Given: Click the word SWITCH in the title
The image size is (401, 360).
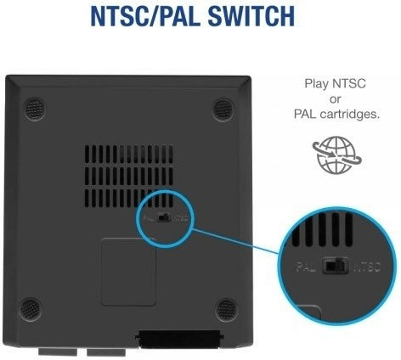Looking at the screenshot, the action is tap(251, 16).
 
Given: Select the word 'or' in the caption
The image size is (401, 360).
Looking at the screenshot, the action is tap(335, 99).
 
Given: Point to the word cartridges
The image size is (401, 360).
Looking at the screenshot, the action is tap(350, 114).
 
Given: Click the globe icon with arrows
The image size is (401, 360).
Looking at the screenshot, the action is tap(336, 155).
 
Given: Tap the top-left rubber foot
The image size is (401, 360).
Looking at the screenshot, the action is tap(35, 110).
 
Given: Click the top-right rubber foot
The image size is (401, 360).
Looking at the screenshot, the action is tap(223, 110).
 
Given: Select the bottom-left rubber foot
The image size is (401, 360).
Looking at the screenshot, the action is tap(31, 309).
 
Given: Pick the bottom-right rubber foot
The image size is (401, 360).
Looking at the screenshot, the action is tap(226, 310).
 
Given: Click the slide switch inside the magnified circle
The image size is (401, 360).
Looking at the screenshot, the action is tap(336, 266).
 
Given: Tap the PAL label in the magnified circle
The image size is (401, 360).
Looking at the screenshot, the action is tap(306, 267).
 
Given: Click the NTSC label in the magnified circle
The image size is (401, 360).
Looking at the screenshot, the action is tap(367, 267).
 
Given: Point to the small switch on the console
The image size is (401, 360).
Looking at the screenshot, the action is tap(164, 218).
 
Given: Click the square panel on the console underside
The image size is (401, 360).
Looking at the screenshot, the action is tap(128, 272).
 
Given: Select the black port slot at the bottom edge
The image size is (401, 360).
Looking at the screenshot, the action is tap(179, 338).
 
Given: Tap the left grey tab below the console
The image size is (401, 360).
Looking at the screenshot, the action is tap(58, 352).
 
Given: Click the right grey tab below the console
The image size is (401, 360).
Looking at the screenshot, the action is tap(106, 352).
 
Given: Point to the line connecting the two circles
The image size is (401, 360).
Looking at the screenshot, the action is tap(235, 241).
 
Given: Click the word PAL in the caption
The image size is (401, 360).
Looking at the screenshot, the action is tap(305, 114).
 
